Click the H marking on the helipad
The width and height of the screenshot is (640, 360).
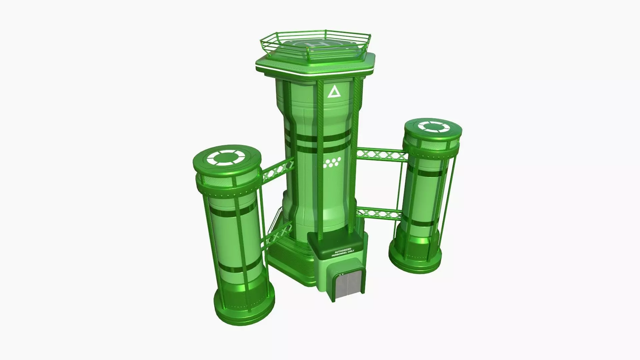314,45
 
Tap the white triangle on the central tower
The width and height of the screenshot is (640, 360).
332,92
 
